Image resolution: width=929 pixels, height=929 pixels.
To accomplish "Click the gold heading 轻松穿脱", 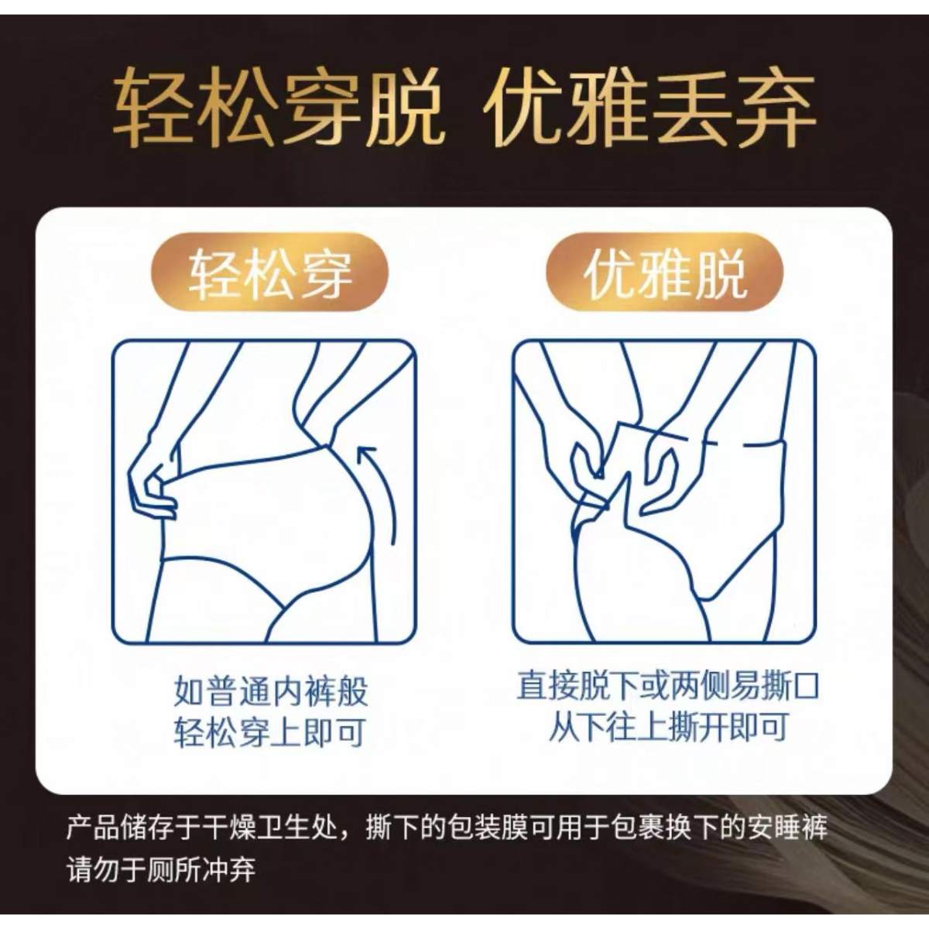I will [279, 108].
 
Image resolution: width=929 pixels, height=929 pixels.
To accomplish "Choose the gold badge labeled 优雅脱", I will [665, 273].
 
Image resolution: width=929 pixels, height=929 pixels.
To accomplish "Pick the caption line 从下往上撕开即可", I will [667, 728].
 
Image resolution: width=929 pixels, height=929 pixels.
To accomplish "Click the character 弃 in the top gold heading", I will [774, 108].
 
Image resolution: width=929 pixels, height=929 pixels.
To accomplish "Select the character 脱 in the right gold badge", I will [719, 273].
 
